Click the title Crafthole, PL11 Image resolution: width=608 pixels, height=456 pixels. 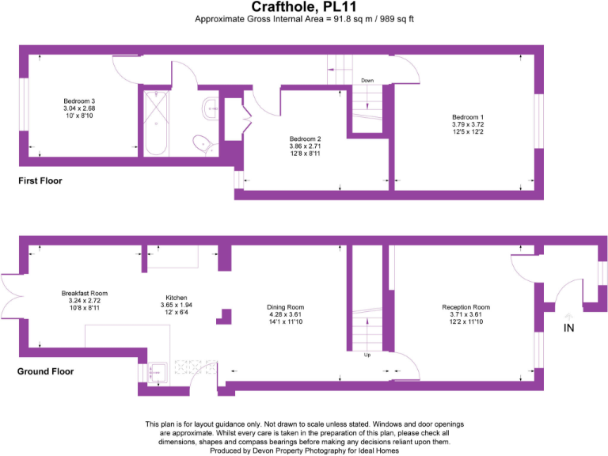pos(305,7)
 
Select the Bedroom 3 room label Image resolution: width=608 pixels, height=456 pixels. pos(79,101)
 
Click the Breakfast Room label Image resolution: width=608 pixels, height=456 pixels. pos(84,293)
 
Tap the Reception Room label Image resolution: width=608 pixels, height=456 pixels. pos(465,307)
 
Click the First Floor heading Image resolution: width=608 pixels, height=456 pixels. pos(40,181)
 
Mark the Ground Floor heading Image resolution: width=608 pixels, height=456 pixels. pos(46,370)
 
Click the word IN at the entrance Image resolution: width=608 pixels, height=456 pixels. pos(569,327)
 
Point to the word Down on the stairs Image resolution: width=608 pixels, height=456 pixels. pos(367,81)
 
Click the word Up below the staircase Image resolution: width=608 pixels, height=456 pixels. pos(367,355)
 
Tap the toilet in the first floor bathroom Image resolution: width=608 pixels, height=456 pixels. pos(205,144)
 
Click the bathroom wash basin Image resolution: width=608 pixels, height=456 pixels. pos(210,108)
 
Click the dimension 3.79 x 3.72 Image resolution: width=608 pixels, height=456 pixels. pos(468,124)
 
